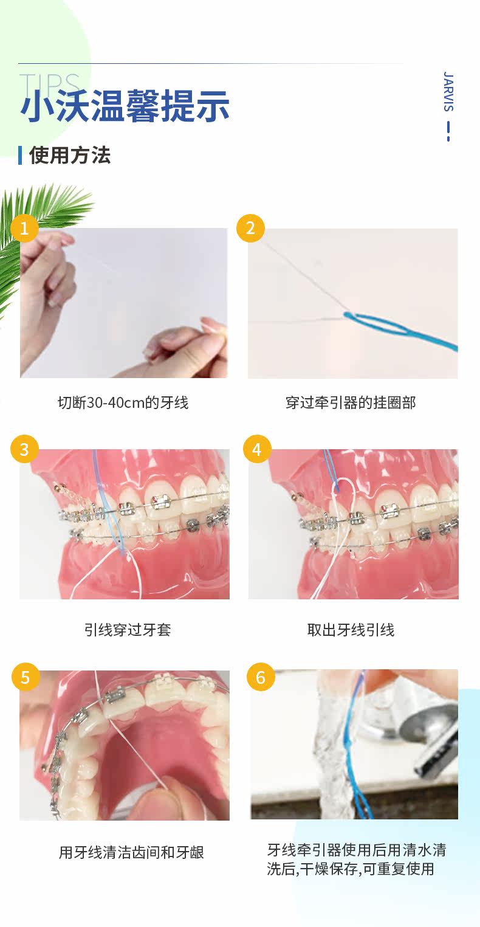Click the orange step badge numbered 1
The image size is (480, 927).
coord(24,227)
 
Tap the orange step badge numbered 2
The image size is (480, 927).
coord(250,227)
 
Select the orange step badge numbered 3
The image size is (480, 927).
coord(24,449)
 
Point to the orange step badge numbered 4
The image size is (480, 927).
coord(257,449)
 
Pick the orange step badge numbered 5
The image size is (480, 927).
coord(26,677)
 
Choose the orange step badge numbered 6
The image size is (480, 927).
coord(261,677)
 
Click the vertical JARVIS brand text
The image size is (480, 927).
coord(448,91)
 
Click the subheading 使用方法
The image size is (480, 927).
coord(70,155)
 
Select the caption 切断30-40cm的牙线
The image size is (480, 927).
coord(123,402)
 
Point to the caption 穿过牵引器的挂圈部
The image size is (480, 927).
coord(351,402)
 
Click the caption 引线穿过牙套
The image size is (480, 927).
coord(128,630)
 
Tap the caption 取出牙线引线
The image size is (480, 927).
coord(351,630)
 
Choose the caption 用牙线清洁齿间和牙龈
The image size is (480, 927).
coord(131,852)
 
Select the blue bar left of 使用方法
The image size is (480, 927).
coord(20,155)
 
